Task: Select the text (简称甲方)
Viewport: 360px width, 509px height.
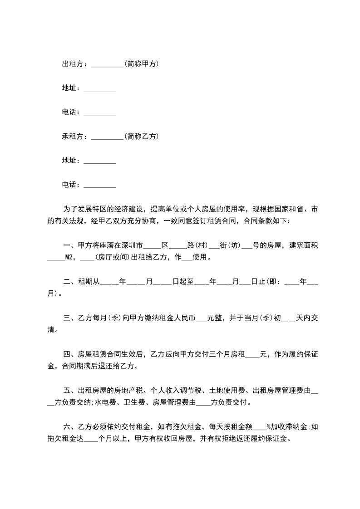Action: [141, 64]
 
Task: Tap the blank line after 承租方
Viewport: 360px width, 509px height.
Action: [107, 136]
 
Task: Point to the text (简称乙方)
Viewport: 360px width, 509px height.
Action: [141, 136]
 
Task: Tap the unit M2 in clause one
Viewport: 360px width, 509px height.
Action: [69, 257]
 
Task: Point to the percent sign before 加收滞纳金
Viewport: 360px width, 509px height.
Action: [268, 426]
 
